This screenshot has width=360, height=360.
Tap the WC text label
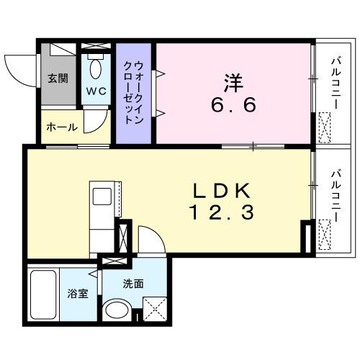coord(96,91)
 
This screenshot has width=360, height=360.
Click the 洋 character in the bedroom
coord(232,82)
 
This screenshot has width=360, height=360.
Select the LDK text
coord(220,192)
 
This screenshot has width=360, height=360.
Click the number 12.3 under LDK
coord(220,213)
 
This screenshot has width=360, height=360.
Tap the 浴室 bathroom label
coord(76,294)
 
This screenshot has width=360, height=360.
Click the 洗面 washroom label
coord(133,283)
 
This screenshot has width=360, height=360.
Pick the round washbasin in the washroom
coord(115,311)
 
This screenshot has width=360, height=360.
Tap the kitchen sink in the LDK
coord(101,196)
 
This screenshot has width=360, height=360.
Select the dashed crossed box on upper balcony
coord(325,127)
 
